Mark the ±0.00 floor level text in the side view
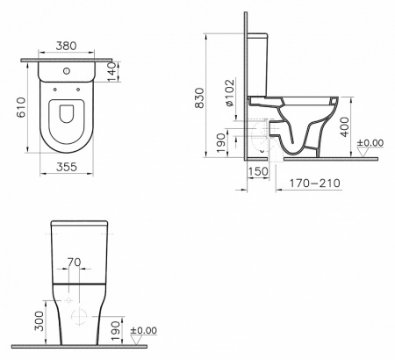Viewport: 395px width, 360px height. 373,142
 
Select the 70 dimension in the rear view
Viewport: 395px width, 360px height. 75,262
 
